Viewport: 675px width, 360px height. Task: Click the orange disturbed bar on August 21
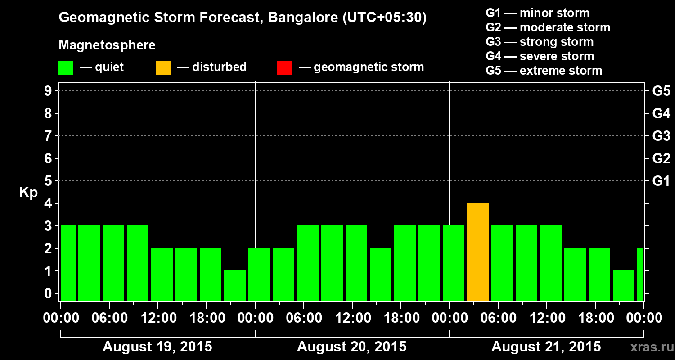pyautogui.click(x=478, y=252)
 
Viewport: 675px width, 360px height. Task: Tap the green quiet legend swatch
pyautogui.click(x=66, y=68)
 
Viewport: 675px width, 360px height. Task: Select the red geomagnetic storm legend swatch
pyautogui.click(x=284, y=68)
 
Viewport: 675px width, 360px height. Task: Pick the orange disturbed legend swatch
pyautogui.click(x=163, y=68)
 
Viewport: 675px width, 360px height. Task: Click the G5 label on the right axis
pyautogui.click(x=661, y=91)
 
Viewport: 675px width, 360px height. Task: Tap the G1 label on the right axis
pyautogui.click(x=661, y=181)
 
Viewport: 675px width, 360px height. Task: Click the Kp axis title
pyautogui.click(x=28, y=193)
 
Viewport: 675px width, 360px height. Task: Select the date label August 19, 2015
pyautogui.click(x=157, y=347)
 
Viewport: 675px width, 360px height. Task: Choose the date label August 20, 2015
pyautogui.click(x=352, y=347)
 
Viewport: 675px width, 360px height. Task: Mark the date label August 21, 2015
pyautogui.click(x=546, y=347)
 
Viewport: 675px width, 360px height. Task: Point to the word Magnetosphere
pyautogui.click(x=107, y=45)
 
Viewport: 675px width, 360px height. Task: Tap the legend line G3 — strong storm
pyautogui.click(x=540, y=42)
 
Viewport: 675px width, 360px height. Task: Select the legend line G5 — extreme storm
pyautogui.click(x=544, y=71)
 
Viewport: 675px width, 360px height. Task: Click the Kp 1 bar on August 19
pyautogui.click(x=235, y=285)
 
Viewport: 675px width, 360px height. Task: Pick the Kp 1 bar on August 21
pyautogui.click(x=624, y=285)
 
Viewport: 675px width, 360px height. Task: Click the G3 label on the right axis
pyautogui.click(x=661, y=136)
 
